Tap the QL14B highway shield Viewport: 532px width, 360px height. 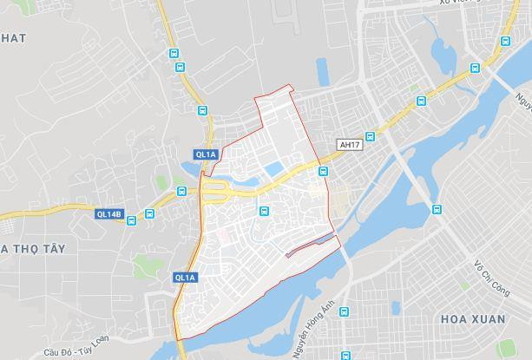point(109,213)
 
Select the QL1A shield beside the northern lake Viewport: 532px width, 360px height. point(205,154)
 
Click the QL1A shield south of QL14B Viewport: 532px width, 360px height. point(185,278)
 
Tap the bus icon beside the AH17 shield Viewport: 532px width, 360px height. point(370,136)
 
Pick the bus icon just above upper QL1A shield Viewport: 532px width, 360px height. point(202,112)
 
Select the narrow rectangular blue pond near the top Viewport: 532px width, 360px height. point(323,71)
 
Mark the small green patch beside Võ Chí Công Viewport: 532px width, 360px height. point(465,285)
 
